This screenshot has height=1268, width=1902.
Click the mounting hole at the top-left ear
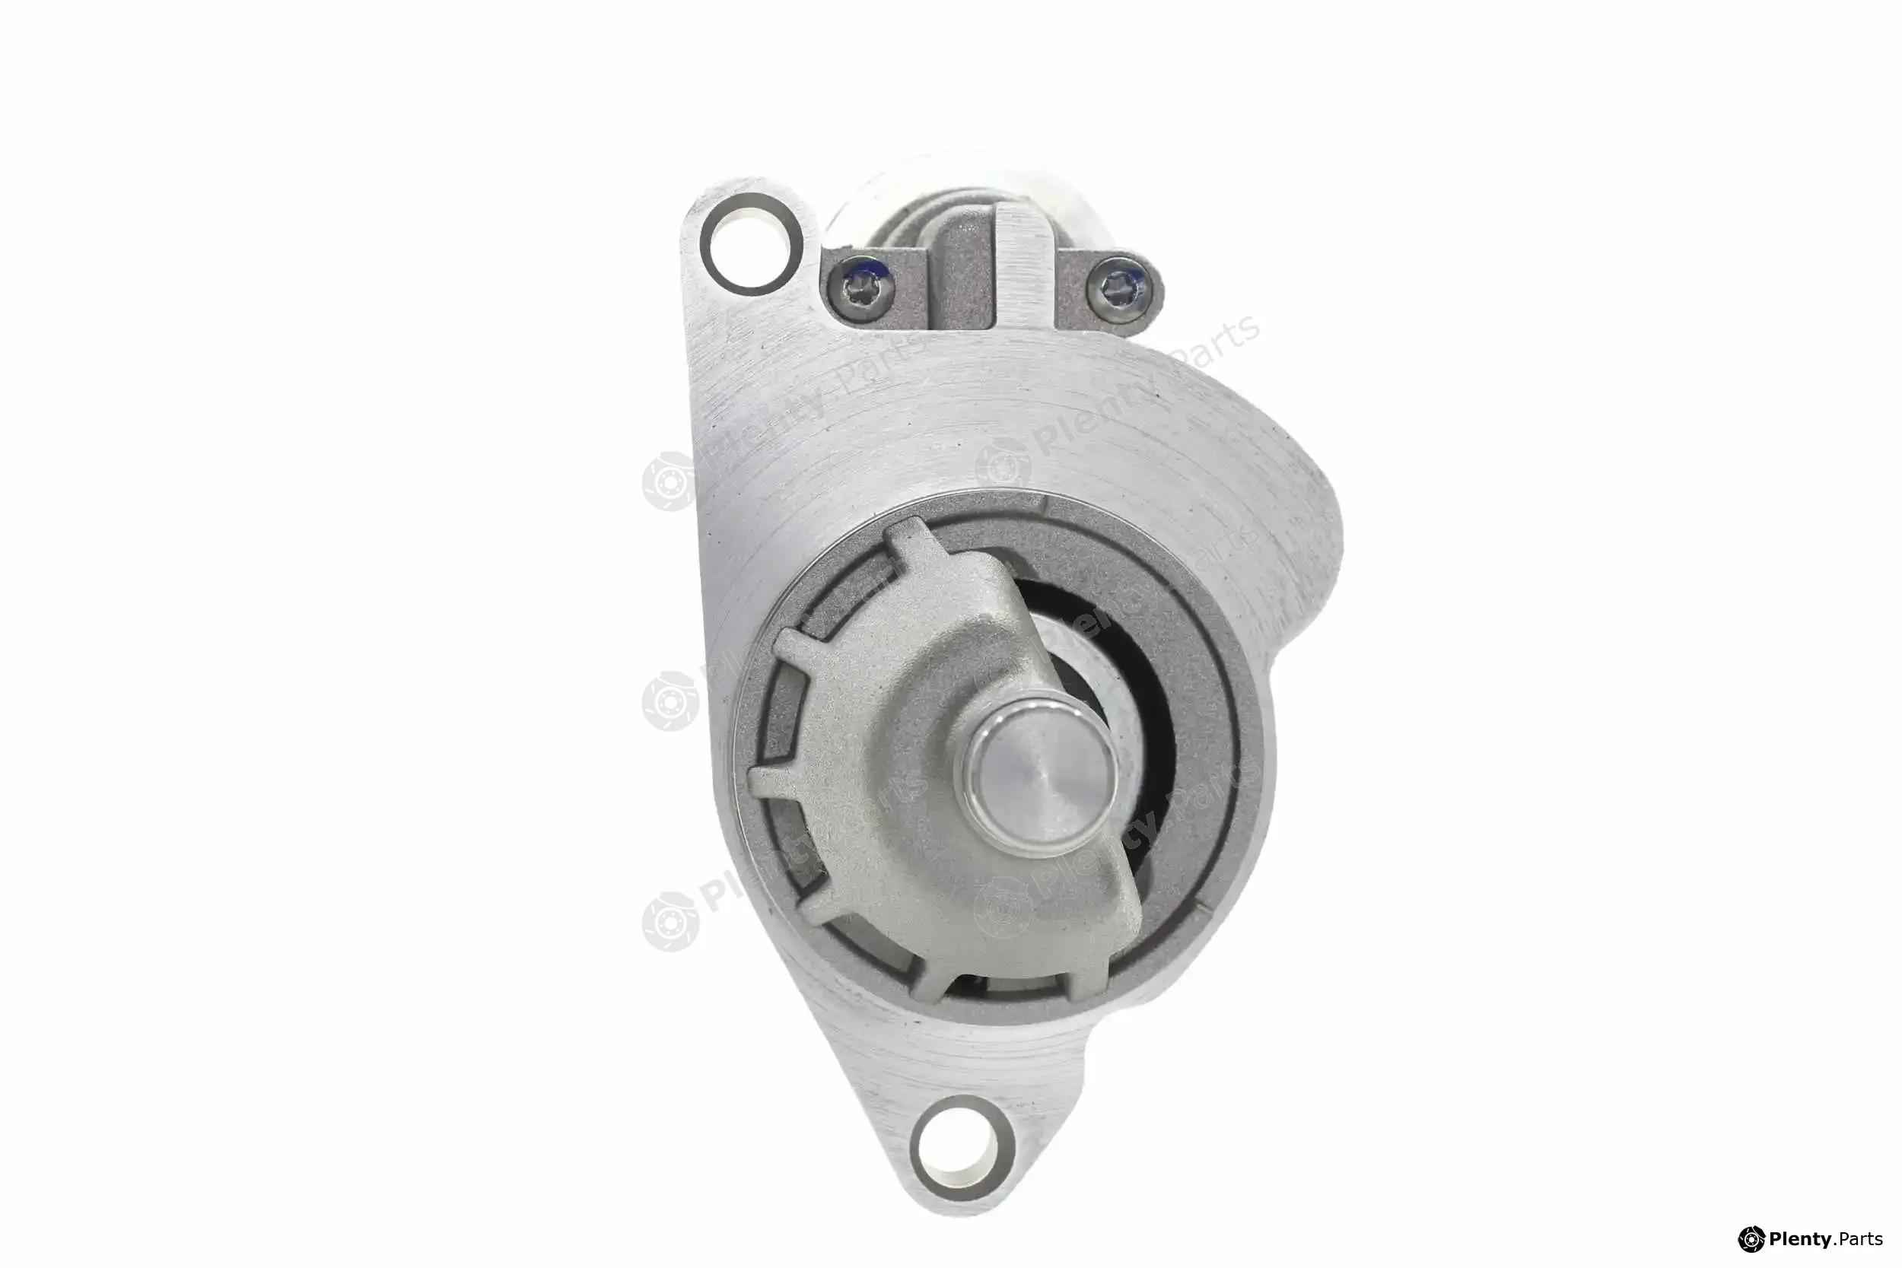[x=751, y=243]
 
